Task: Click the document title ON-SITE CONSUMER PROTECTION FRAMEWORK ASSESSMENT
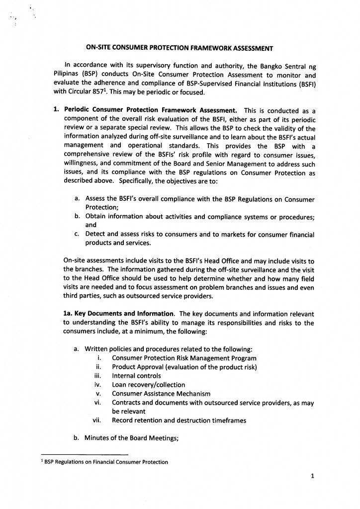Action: pos(180,48)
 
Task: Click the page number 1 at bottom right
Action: pos(312,476)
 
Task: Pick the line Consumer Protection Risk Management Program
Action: pos(184,358)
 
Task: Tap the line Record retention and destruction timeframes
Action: pos(179,421)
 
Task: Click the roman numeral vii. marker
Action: pos(97,421)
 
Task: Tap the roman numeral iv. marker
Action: pos(98,385)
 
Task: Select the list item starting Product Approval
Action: pos(184,367)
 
